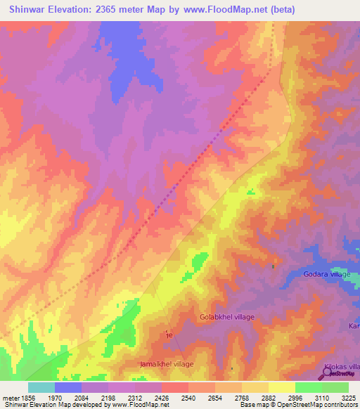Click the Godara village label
pos(326,275)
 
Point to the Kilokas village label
pos(342,367)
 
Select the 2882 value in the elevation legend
pos(268,398)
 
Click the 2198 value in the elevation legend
pos(108,398)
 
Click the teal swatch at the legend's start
pos(41,387)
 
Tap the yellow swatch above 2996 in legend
pos(281,387)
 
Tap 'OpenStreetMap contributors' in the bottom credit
pos(316,405)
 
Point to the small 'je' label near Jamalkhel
pos(168,336)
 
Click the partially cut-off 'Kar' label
pos(354,326)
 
